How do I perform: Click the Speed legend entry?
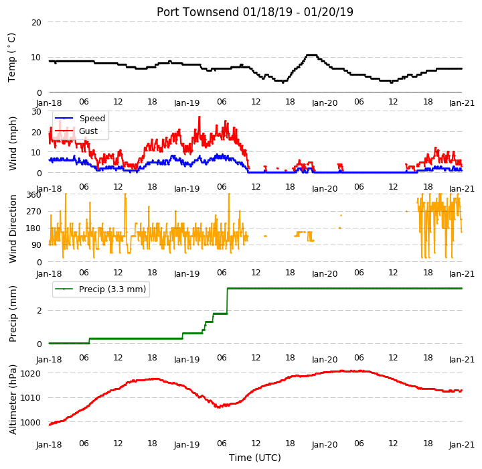[80, 118]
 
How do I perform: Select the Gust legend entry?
[76, 131]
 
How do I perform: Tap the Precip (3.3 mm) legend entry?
[100, 289]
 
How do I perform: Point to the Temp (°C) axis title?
[11, 58]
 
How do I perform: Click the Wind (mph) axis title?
[13, 143]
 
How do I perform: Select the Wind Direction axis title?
[13, 228]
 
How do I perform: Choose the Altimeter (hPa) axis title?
[13, 399]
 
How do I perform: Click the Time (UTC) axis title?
[255, 458]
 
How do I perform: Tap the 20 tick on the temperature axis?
[36, 23]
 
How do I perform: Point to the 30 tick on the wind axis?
[36, 112]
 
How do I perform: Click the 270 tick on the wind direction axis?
[34, 212]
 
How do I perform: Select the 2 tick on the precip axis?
[39, 311]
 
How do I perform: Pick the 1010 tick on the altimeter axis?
[30, 398]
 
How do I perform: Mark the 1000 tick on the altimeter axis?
[30, 423]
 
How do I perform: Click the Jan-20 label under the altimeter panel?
[325, 445]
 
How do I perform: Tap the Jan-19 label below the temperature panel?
[187, 103]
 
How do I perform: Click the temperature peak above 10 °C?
[311, 55]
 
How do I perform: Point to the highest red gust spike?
[199, 117]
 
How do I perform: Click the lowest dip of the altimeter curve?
[218, 407]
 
